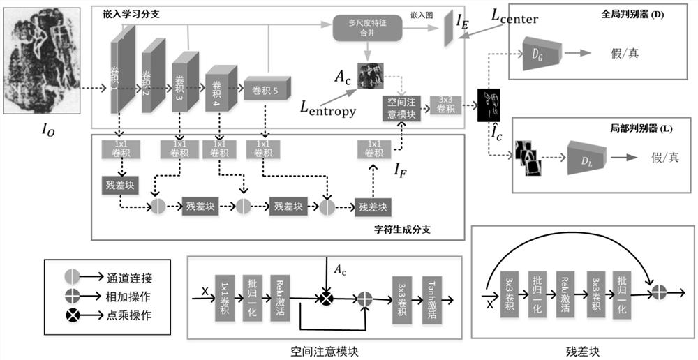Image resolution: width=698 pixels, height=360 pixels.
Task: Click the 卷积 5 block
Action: click(x=266, y=89)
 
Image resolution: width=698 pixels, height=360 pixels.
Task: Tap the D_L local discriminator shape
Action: click(x=587, y=157)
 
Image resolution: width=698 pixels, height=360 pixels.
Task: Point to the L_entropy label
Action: click(x=328, y=107)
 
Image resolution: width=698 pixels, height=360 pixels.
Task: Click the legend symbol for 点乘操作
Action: click(x=70, y=315)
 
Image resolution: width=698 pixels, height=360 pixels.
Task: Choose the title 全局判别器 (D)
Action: click(x=632, y=14)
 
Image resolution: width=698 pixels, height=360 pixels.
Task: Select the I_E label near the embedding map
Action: click(x=463, y=23)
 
